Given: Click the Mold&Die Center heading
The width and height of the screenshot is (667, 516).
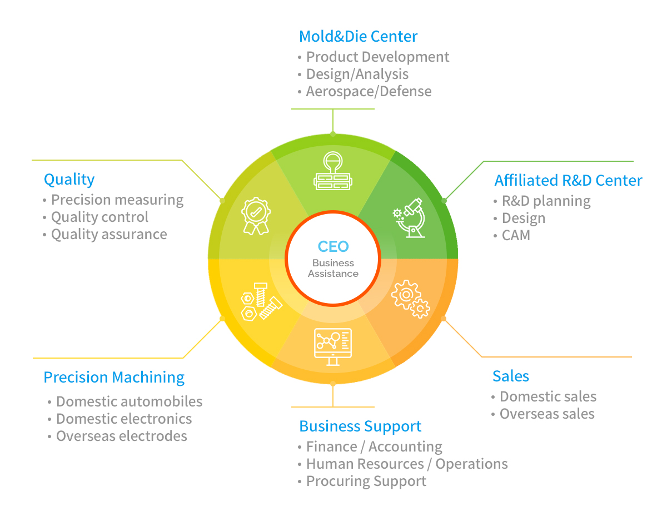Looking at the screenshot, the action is tap(358, 36).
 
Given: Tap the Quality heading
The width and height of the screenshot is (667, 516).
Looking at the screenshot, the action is tap(69, 179).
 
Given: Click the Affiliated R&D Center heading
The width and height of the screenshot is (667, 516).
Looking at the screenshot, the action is tap(568, 180).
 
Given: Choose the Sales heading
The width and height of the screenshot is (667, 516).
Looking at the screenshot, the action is tap(511, 376).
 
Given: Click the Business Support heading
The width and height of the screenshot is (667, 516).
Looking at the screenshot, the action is tap(360, 426).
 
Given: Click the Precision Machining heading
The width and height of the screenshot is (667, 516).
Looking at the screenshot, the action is tap(114, 377).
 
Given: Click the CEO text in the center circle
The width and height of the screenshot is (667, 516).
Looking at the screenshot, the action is tap(333, 246).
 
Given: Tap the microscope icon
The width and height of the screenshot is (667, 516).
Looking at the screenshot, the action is tap(409, 217).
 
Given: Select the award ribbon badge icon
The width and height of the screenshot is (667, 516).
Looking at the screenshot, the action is tap(256, 216).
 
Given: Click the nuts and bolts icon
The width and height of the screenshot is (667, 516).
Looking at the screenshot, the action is tap(261, 302).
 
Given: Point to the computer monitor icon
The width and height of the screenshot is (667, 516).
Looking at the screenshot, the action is tap(333, 347).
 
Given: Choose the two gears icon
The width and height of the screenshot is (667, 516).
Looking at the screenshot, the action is tap(410, 299).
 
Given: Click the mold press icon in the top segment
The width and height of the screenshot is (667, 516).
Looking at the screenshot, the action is tap(333, 171).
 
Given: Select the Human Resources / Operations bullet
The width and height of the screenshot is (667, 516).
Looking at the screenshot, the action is tap(407, 464).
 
